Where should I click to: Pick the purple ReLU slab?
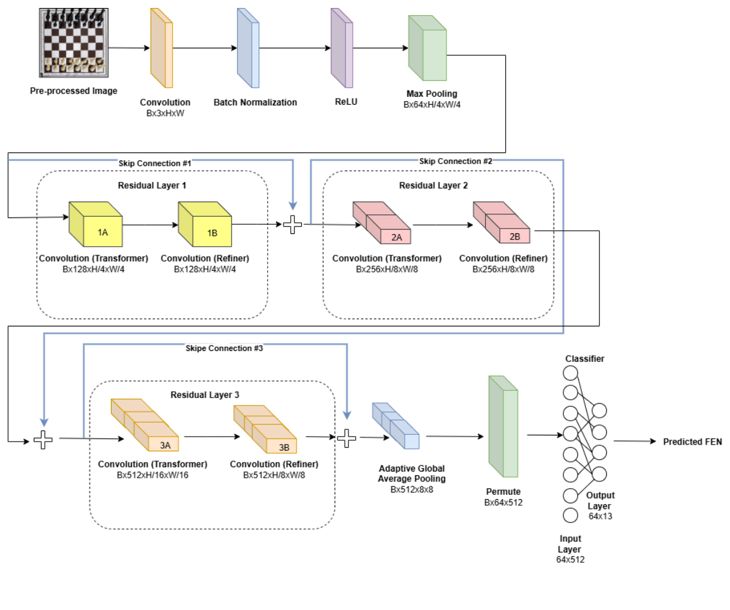point(342,48)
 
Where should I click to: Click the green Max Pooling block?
point(428,48)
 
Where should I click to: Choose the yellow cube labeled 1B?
point(205,226)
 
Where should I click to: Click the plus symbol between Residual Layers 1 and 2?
point(293,225)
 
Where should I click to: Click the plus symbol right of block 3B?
point(347,437)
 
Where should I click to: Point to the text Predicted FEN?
point(692,442)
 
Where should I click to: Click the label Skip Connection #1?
point(155,164)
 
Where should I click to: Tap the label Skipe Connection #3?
point(224,348)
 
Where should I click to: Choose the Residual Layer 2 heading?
point(434,186)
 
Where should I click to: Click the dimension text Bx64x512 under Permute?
point(503,502)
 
